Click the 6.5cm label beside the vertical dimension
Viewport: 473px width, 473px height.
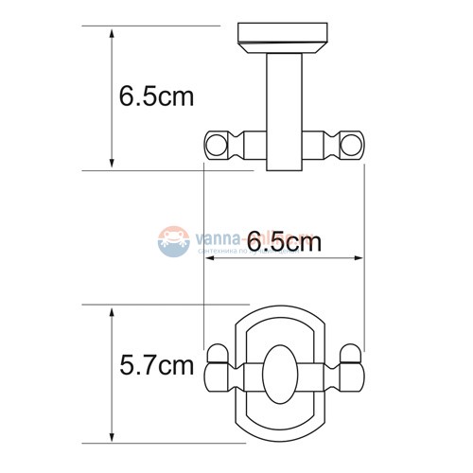click(x=157, y=97)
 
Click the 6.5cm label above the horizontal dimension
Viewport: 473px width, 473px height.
click(x=283, y=243)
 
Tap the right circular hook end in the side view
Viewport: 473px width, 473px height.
click(x=353, y=146)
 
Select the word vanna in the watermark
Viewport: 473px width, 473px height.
click(x=214, y=239)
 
